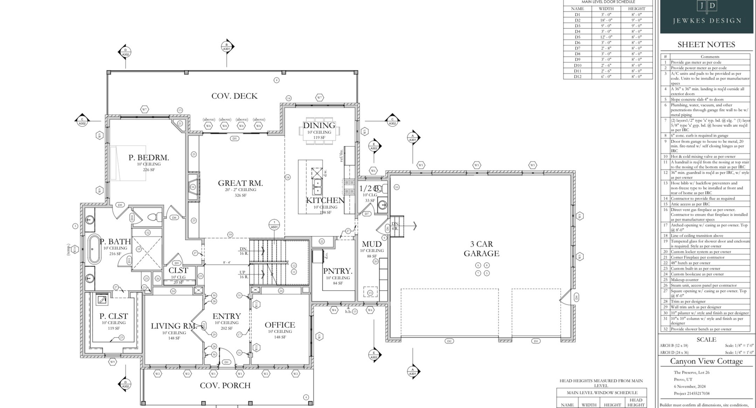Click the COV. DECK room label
pos(234,96)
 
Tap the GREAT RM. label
pos(240,183)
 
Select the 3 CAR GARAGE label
pos(481,249)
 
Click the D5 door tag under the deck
pos(234,139)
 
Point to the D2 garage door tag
pos(449,341)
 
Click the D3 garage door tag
pos(536,341)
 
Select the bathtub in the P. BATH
pos(94,249)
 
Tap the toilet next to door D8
pos(154,217)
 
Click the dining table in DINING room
pos(319,131)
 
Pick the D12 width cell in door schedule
pos(606,76)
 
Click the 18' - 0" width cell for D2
pos(606,20)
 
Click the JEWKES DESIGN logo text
pos(707,21)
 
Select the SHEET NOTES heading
pos(706,45)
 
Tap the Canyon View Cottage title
pos(706,361)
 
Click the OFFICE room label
pos(280,325)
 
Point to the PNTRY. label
pos(338,271)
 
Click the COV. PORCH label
pos(225,385)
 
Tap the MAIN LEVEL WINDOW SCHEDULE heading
pos(602,393)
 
